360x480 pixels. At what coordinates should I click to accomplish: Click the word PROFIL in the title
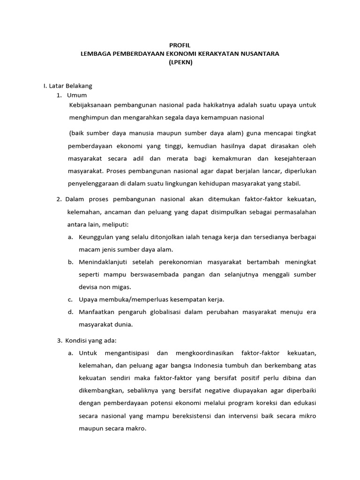[x=180, y=45]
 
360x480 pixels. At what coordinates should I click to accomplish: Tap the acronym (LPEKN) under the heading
[x=180, y=62]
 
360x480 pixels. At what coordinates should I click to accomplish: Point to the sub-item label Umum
[x=77, y=95]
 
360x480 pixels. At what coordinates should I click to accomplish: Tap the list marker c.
[x=70, y=299]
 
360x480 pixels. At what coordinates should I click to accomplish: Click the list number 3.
[x=59, y=340]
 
